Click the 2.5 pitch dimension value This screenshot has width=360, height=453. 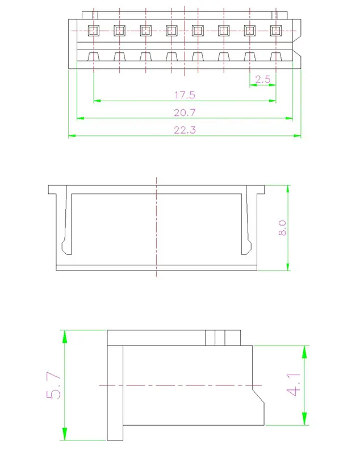point(263,79)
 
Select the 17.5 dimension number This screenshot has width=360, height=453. point(185,95)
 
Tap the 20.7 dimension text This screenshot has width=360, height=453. point(185,113)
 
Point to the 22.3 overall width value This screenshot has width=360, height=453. point(185,130)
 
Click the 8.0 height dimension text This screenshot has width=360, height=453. point(282,228)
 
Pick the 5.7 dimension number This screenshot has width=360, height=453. point(54,385)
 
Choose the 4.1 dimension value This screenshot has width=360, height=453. point(294,385)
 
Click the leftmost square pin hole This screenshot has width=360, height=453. point(94,31)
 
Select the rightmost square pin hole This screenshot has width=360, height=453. point(276,31)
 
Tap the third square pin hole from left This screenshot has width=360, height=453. point(146,31)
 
